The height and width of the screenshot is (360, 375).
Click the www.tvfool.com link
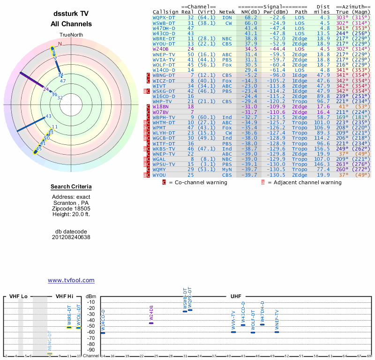click(x=71, y=280)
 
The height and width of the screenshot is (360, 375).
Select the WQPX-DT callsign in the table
click(x=164, y=17)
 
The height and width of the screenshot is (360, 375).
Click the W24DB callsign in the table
click(x=160, y=49)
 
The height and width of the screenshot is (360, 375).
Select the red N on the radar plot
click(x=60, y=44)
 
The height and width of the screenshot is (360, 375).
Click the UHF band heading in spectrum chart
click(x=235, y=297)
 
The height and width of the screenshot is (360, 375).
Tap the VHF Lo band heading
click(x=18, y=297)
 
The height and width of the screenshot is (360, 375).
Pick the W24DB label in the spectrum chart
click(x=151, y=314)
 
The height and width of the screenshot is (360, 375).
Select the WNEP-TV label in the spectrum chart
click(x=277, y=319)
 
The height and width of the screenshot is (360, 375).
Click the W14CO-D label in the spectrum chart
click(x=103, y=321)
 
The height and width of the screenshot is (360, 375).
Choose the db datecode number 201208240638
click(x=71, y=237)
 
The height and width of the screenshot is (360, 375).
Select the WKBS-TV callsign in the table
click(x=164, y=149)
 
